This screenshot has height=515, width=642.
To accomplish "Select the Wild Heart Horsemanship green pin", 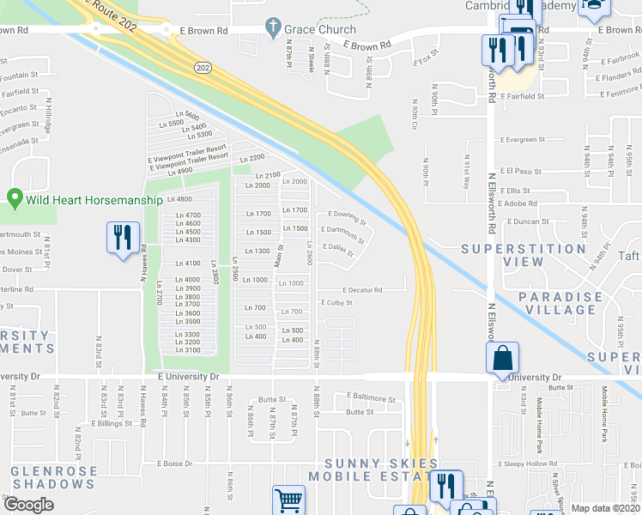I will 15,199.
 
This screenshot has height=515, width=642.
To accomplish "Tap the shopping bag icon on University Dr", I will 505,358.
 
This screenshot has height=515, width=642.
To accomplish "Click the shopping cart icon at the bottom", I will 289,500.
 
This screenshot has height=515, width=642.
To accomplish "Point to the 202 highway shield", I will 203,66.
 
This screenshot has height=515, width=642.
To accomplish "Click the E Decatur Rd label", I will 363,290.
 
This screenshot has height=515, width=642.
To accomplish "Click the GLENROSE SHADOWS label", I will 53,477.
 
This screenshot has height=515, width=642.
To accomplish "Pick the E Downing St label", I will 346,217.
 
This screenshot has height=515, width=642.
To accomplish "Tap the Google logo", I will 28,506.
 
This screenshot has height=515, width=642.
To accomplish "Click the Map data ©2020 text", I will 606,508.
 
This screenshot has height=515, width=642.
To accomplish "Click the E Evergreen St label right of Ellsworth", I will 525,139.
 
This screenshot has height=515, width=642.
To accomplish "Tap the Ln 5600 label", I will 185,116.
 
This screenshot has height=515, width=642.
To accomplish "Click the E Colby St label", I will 336,302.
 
